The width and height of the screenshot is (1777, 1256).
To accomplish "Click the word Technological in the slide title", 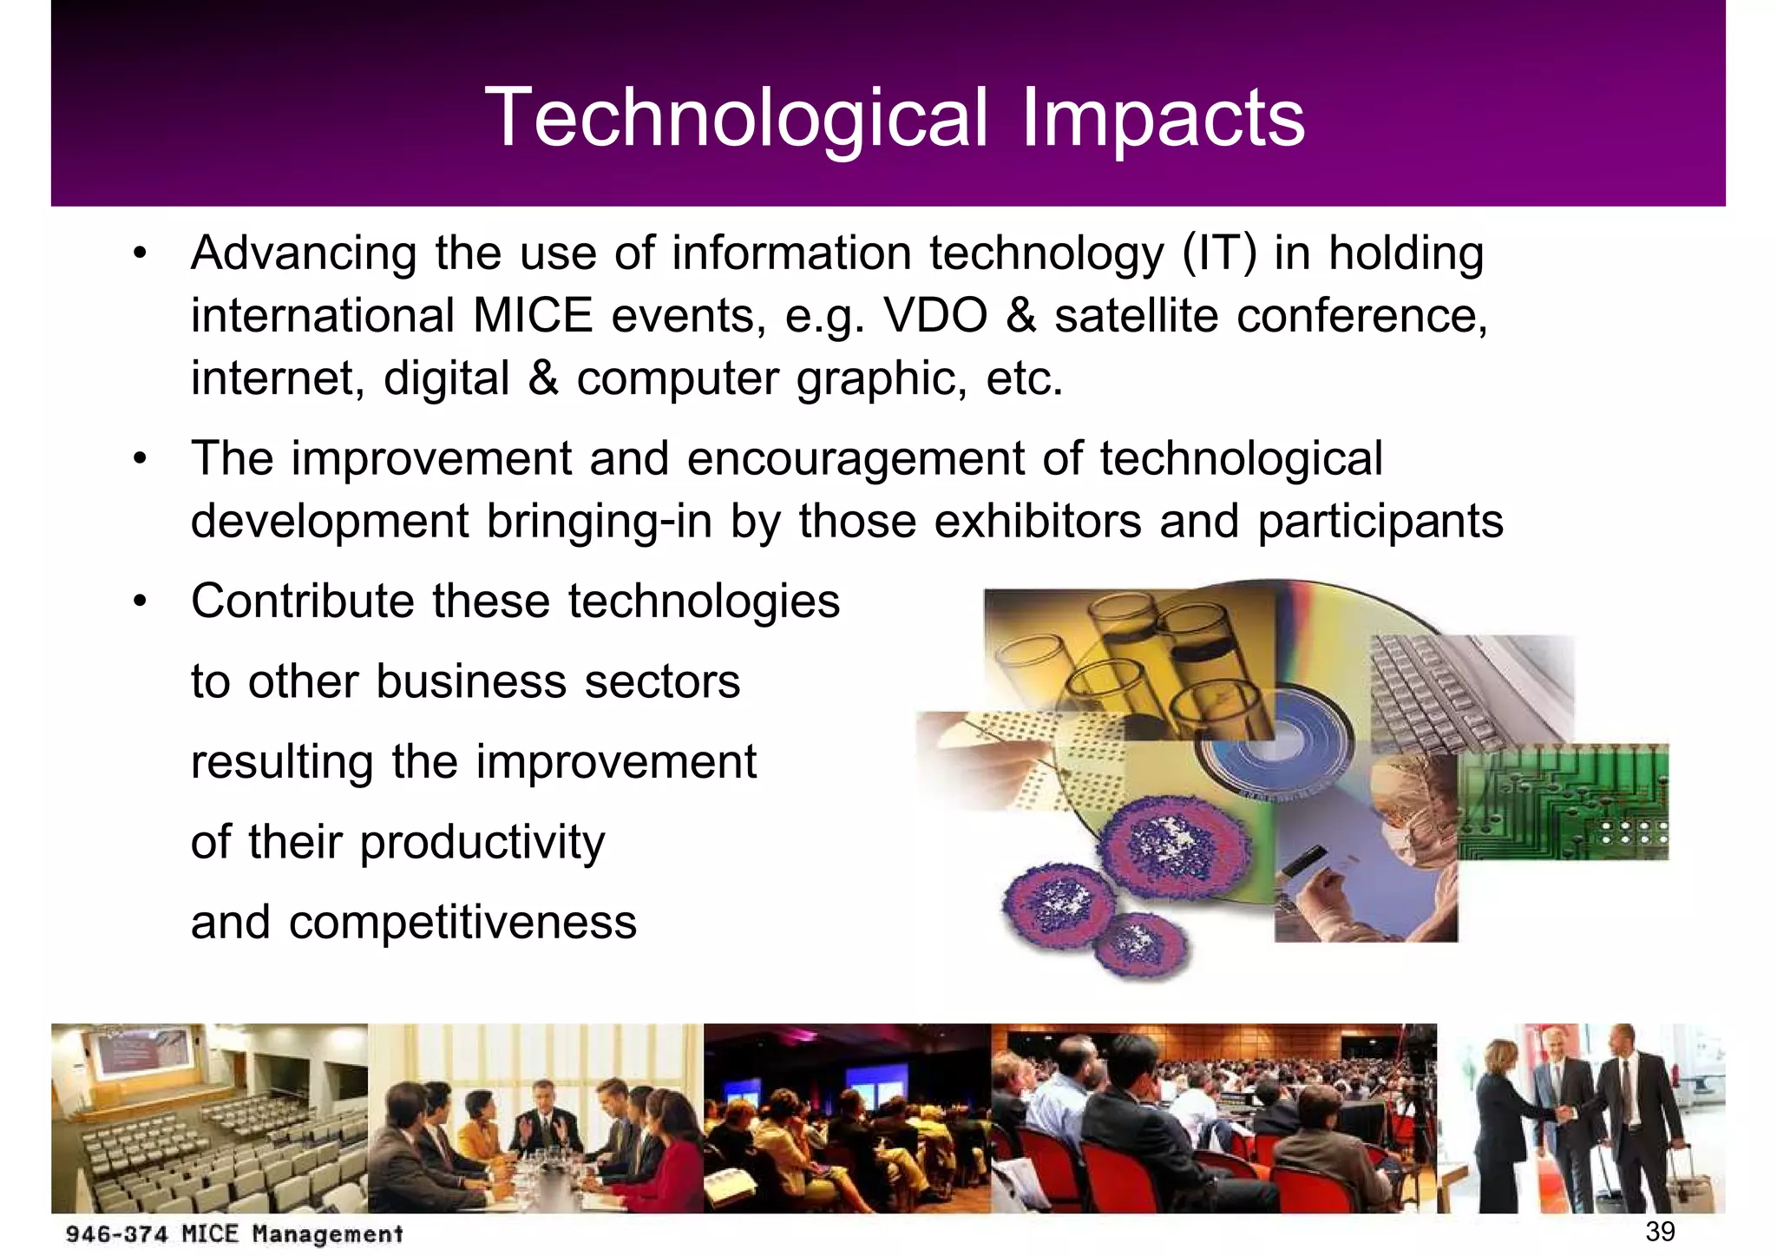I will coord(736,118).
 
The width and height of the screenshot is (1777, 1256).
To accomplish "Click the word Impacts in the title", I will coord(1163,118).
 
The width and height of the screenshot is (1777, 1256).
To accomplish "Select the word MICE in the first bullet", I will coord(533,316).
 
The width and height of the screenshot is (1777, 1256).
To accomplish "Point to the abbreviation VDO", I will coord(935,316).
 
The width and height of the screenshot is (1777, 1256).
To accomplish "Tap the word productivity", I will coord(482,843).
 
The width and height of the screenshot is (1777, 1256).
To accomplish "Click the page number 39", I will coord(1660,1231).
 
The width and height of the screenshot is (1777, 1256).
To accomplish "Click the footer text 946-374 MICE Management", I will coord(234,1233).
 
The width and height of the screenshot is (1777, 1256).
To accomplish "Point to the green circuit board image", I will coord(1562,803).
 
